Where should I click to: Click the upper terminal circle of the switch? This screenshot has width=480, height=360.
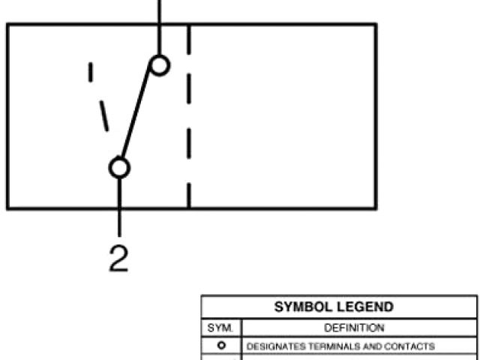[x=159, y=65]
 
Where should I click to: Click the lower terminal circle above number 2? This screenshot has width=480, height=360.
[x=119, y=167]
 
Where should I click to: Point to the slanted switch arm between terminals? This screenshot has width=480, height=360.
[x=139, y=116]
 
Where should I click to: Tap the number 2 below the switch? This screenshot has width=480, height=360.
[x=118, y=257]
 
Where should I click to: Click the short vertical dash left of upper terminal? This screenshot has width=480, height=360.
[x=91, y=72]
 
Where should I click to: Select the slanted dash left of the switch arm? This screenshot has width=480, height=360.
[x=103, y=117]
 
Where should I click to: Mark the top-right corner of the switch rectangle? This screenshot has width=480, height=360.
[x=375, y=24]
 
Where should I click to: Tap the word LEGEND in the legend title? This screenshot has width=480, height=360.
[x=366, y=308]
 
